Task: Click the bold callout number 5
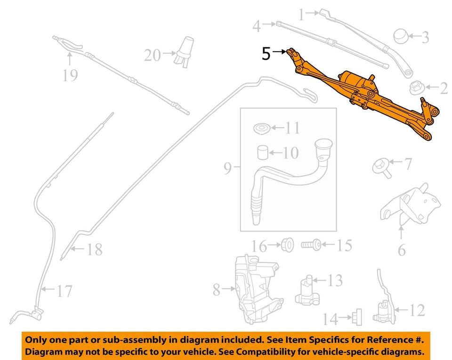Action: pyautogui.click(x=266, y=54)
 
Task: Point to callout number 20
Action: pyautogui.click(x=152, y=56)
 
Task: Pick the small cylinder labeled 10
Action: pyautogui.click(x=262, y=152)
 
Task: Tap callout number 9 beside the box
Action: pyautogui.click(x=228, y=168)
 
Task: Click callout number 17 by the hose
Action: pyautogui.click(x=64, y=291)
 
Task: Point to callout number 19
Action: pyautogui.click(x=69, y=74)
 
